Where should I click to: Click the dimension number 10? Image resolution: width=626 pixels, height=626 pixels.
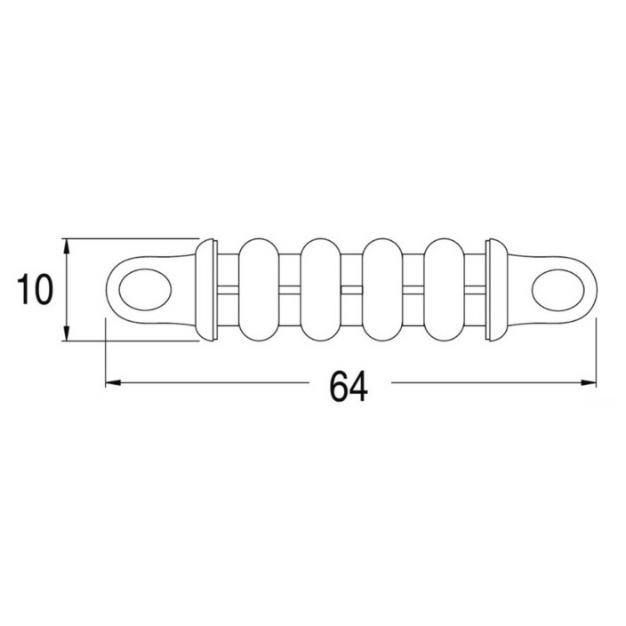pos(36,290)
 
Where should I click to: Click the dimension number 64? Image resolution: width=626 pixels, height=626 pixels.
pos(349,387)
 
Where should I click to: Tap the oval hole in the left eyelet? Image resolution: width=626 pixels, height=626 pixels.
pos(145,290)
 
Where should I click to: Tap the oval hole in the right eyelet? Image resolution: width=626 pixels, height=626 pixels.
pos(558,290)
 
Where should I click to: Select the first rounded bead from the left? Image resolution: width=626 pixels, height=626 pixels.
pos(259,290)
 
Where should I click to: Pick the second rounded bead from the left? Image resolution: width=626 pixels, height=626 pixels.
pos(321,290)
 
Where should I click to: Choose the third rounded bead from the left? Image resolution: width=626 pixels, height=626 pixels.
pos(382,290)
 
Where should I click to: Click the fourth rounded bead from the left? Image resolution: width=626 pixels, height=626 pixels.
pos(444,290)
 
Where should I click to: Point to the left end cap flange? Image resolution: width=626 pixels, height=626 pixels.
pos(206,290)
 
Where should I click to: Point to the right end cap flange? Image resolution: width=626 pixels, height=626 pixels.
pos(497,290)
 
